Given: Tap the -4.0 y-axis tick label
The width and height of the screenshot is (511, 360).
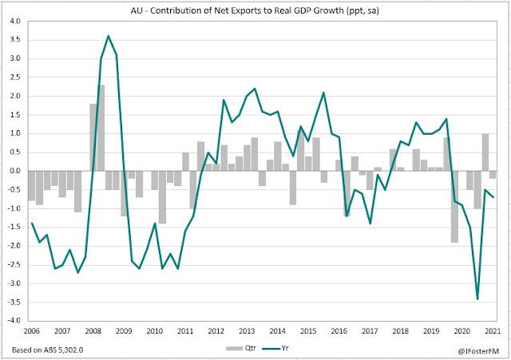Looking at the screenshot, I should [x=14, y=321].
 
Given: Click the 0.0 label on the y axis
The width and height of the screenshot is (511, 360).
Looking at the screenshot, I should [x=15, y=171].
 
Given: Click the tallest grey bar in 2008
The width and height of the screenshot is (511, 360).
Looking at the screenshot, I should [x=101, y=128].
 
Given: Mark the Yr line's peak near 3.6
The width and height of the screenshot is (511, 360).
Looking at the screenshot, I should [x=109, y=36].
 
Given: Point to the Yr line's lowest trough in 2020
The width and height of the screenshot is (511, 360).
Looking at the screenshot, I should [x=477, y=299].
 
